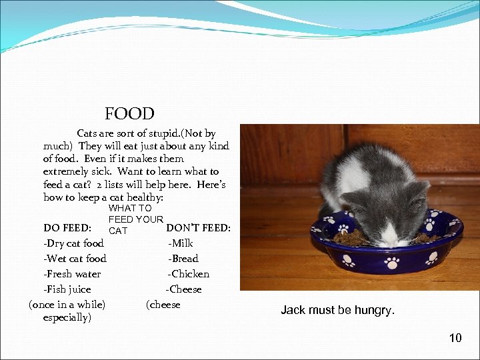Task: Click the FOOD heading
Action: [129, 114]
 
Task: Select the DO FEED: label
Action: [67, 228]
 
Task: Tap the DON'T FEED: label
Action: [198, 228]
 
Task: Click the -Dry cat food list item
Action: [73, 243]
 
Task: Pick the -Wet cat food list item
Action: [75, 259]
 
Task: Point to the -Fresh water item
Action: [72, 274]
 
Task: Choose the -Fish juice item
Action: [67, 289]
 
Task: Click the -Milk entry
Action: [181, 243]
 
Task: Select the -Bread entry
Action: [183, 259]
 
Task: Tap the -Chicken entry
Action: [189, 274]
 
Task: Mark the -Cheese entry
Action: [183, 289]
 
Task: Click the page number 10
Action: [455, 338]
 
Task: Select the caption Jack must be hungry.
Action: [337, 310]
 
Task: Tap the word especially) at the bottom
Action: [67, 317]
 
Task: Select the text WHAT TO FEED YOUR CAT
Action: [135, 219]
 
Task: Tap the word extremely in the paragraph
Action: [67, 172]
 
